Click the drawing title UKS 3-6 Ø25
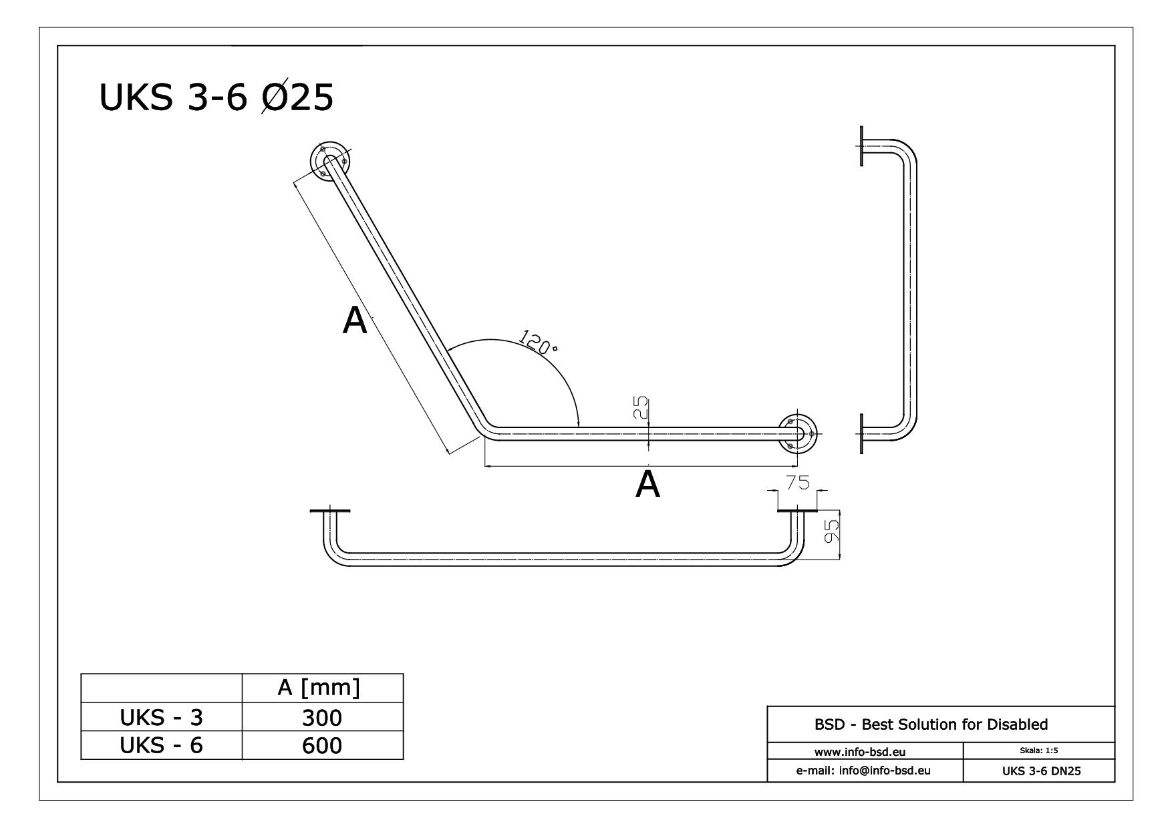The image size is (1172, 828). click(216, 98)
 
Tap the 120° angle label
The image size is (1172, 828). click(539, 342)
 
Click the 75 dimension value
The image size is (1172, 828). click(797, 482)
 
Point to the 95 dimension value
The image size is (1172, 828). click(831, 532)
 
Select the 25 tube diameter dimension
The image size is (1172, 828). click(639, 407)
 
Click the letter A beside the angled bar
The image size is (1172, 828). click(355, 321)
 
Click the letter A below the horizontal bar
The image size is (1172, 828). click(647, 485)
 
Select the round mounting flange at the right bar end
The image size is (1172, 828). click(798, 434)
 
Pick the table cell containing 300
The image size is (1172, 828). click(321, 718)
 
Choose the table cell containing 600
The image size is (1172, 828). click(321, 745)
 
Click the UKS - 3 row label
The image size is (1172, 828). click(161, 718)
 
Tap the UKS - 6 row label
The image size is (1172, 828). click(161, 745)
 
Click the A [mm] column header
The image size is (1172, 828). click(319, 688)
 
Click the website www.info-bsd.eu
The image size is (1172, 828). click(860, 753)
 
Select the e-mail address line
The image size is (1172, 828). click(863, 771)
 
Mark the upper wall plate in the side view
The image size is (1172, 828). click(862, 146)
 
